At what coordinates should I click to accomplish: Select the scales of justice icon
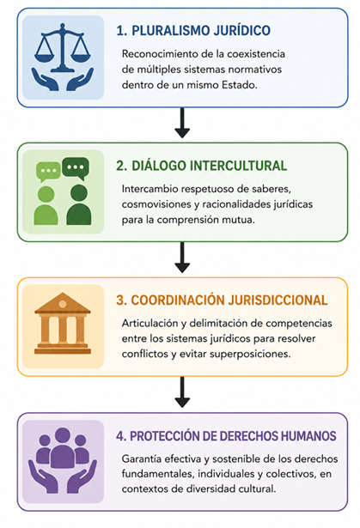pyautogui.click(x=63, y=48)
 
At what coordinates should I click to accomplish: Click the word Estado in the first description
pyautogui.click(x=240, y=85)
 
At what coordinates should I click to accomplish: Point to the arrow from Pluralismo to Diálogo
pyautogui.click(x=182, y=123)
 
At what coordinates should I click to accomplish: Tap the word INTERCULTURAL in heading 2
pyautogui.click(x=238, y=166)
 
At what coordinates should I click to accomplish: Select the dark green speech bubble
pyautogui.click(x=76, y=168)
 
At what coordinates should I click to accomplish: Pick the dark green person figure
pyautogui.click(x=79, y=204)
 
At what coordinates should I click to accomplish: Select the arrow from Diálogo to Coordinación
pyautogui.click(x=182, y=258)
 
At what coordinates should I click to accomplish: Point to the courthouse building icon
pyautogui.click(x=63, y=324)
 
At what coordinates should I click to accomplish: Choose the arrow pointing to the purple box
pyautogui.click(x=182, y=392)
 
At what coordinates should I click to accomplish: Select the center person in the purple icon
pyautogui.click(x=63, y=448)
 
